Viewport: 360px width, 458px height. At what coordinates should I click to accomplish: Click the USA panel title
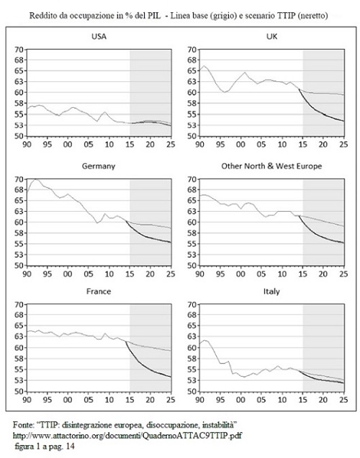point(99,37)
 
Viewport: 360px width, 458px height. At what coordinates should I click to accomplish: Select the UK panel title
point(271,37)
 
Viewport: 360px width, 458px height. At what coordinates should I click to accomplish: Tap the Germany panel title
point(99,166)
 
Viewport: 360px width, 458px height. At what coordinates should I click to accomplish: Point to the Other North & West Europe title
point(271,166)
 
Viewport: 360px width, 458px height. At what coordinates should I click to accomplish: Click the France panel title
point(99,292)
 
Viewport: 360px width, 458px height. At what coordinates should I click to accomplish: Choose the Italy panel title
point(271,292)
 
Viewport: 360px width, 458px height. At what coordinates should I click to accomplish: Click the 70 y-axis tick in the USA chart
point(19,50)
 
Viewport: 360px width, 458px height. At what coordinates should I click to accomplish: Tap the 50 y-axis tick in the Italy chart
point(192,392)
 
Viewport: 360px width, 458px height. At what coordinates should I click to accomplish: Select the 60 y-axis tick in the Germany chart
point(19,222)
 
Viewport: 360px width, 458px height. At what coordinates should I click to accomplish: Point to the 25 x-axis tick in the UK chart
point(343,145)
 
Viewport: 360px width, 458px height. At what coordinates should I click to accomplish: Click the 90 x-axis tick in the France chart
point(27,400)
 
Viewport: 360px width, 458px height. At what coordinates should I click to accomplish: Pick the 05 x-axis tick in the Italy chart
point(261,400)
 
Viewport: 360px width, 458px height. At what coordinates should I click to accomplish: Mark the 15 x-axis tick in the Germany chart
point(130,274)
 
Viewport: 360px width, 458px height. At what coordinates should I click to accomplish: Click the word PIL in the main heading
point(154,16)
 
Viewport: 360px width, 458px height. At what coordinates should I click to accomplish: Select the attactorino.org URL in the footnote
point(127,436)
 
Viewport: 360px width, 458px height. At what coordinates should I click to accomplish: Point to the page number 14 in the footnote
point(71,446)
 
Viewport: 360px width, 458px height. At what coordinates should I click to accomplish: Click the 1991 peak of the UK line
point(204,66)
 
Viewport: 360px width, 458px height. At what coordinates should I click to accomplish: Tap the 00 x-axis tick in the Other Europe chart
point(241,274)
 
